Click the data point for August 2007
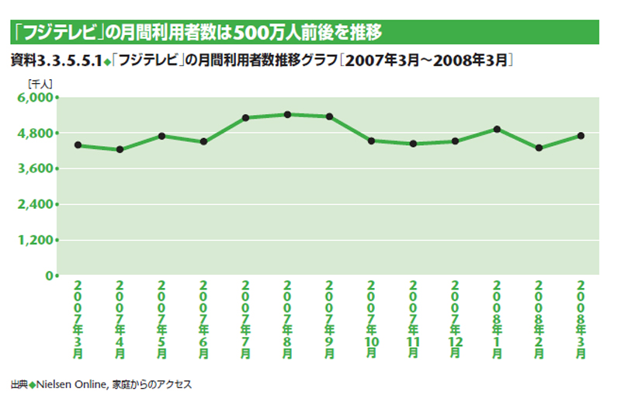(287, 114)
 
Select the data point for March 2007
(78, 145)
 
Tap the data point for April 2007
(120, 149)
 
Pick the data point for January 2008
(497, 129)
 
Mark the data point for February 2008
(539, 147)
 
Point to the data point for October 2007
(371, 141)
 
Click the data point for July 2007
(245, 117)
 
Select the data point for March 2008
(581, 136)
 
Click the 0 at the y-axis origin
(48, 276)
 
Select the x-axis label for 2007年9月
(329, 318)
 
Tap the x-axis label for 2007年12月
(455, 318)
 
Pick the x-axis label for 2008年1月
(497, 318)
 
